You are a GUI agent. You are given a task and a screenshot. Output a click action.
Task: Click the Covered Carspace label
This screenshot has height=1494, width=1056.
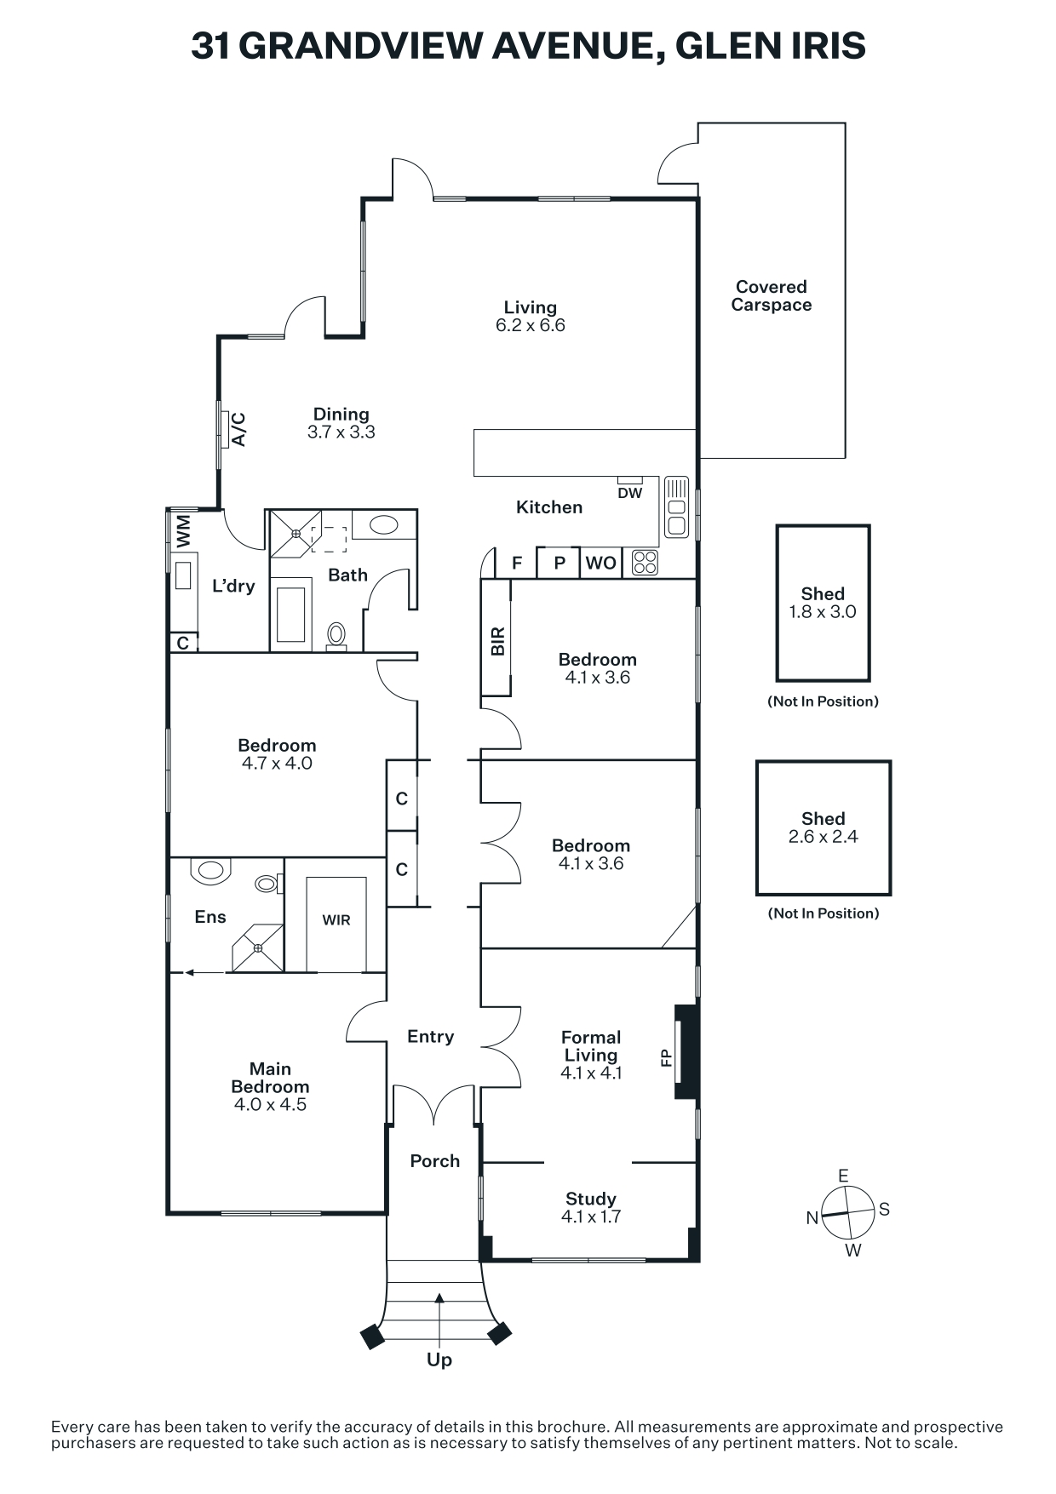click(x=771, y=296)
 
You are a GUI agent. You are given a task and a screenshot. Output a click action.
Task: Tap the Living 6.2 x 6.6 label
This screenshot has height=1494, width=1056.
click(x=530, y=316)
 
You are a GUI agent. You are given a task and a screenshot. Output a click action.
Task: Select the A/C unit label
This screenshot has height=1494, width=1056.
click(x=239, y=429)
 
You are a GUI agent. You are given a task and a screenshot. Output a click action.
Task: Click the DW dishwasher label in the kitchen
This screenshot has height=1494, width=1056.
click(x=630, y=493)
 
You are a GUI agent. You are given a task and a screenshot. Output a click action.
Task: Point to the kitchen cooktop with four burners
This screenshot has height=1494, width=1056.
click(x=645, y=563)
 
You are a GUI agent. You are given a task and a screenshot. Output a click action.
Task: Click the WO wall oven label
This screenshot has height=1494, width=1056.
click(x=600, y=563)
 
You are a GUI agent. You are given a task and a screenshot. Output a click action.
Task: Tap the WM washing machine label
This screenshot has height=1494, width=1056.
click(x=183, y=532)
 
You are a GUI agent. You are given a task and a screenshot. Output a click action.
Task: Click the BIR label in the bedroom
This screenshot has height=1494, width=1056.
click(x=498, y=641)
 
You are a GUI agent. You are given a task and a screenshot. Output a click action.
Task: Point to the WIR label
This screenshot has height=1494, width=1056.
click(x=336, y=920)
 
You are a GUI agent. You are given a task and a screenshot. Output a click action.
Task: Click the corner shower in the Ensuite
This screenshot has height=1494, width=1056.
click(x=258, y=947)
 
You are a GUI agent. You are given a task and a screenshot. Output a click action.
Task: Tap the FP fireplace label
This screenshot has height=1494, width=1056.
click(x=666, y=1057)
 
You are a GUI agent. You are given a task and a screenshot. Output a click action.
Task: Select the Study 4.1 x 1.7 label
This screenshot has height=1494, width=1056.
click(x=591, y=1207)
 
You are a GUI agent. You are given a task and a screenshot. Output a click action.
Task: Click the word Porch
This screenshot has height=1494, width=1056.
click(x=434, y=1161)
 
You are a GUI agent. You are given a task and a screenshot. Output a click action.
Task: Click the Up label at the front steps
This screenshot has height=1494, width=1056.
click(x=439, y=1359)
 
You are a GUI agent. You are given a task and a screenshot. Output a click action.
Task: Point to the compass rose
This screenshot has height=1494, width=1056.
click(x=848, y=1213)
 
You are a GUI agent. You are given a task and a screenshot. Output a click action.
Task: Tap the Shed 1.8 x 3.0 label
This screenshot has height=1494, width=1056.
click(x=823, y=603)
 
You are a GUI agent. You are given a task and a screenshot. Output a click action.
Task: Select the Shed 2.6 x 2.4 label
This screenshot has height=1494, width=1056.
click(x=823, y=827)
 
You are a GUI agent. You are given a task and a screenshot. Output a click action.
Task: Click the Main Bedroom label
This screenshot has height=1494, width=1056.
click(x=270, y=1086)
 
